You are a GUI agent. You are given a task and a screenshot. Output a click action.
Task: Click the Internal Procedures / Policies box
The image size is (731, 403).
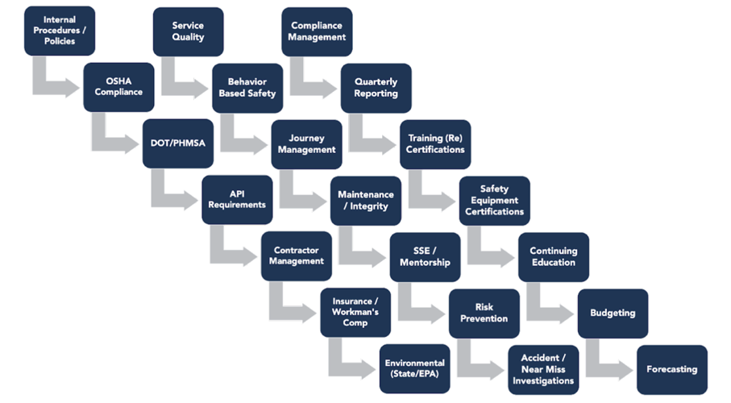(60, 31)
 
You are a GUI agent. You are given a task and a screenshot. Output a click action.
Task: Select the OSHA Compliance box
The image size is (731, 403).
(118, 87)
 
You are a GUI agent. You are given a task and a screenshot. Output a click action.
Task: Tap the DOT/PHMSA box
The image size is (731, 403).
(177, 143)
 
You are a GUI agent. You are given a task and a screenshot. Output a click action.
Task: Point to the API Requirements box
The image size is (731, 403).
(237, 200)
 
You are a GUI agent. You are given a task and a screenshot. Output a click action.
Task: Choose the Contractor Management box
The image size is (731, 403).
(296, 256)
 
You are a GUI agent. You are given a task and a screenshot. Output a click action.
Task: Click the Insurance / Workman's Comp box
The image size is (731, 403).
(355, 313)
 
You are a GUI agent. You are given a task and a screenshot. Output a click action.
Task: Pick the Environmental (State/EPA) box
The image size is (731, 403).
(414, 369)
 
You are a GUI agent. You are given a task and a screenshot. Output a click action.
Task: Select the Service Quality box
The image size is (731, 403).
(188, 31)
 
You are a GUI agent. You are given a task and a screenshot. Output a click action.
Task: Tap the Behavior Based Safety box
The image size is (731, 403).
(247, 88)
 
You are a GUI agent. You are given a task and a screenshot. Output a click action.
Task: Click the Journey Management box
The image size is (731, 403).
(306, 144)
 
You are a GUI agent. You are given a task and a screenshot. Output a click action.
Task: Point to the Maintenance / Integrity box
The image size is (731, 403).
(365, 201)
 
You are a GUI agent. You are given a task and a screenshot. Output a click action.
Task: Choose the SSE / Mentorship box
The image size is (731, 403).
(425, 257)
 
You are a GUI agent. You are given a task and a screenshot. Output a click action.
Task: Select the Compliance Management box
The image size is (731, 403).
(317, 31)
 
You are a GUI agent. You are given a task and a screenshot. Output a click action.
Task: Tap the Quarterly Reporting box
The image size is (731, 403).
(376, 88)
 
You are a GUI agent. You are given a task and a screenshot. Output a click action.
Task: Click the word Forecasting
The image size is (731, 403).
(671, 370)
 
